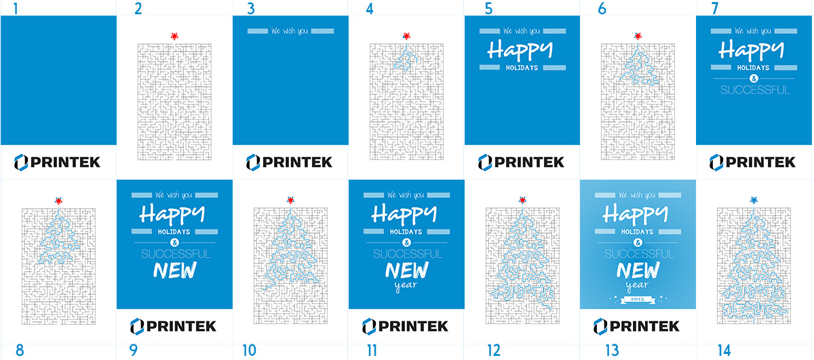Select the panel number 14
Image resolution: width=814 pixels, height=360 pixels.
pyautogui.click(x=724, y=350)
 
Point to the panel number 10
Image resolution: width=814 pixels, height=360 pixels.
pyautogui.click(x=249, y=350)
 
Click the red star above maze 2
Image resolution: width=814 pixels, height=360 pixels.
pyautogui.click(x=175, y=36)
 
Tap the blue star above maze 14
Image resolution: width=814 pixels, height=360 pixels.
pyautogui.click(x=754, y=200)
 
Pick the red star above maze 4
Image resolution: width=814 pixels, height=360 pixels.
pyautogui.click(x=406, y=36)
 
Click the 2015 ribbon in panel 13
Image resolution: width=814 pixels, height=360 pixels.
pyautogui.click(x=638, y=299)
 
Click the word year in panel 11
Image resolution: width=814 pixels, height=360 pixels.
pyautogui.click(x=406, y=285)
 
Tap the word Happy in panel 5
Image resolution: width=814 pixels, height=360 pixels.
pyautogui.click(x=521, y=49)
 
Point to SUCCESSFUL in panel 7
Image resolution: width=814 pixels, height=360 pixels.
pyautogui.click(x=754, y=89)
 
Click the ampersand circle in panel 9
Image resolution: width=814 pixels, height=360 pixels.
pyautogui.click(x=174, y=242)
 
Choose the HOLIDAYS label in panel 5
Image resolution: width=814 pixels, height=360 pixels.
pyautogui.click(x=521, y=67)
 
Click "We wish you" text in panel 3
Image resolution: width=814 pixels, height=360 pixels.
pyautogui.click(x=290, y=31)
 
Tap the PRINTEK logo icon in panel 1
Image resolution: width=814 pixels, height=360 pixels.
pyautogui.click(x=20, y=161)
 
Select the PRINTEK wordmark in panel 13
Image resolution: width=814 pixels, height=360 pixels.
pyautogui.click(x=644, y=326)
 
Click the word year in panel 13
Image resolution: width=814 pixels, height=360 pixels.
pyautogui.click(x=638, y=285)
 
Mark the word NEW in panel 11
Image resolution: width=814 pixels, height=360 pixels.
pyautogui.click(x=406, y=271)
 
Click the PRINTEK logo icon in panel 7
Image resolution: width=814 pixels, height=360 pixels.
pyautogui.click(x=716, y=161)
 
